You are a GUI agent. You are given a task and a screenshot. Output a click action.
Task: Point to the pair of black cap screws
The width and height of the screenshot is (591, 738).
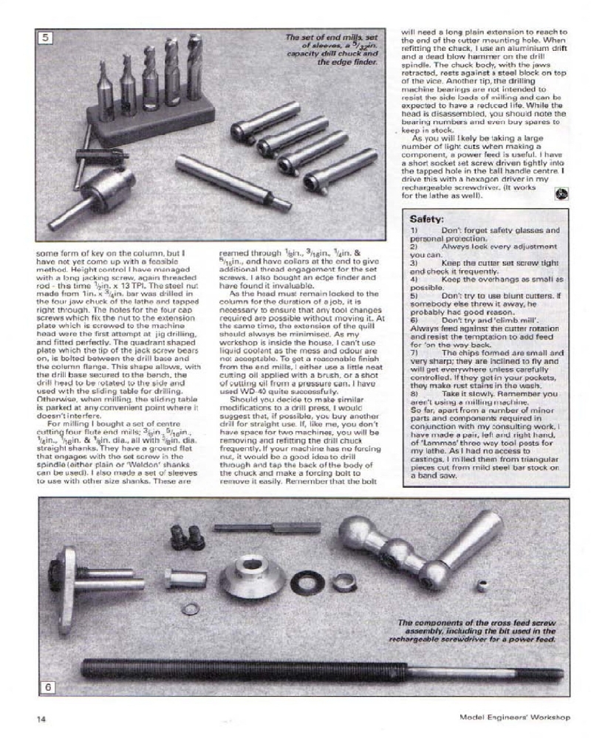[188, 537]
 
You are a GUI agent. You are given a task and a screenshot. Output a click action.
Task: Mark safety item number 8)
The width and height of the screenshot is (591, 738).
[415, 394]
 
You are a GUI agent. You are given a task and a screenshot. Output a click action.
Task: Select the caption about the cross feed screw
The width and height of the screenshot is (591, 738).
[473, 631]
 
